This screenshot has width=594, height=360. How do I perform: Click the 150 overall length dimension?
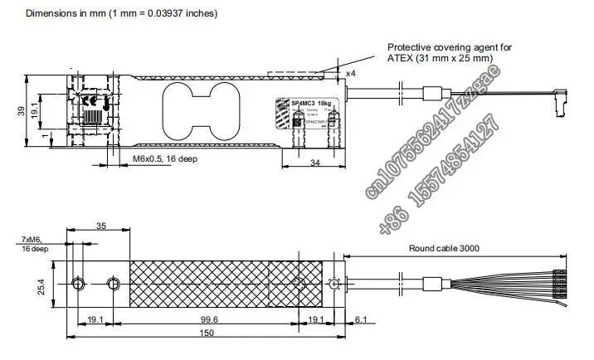(207, 333)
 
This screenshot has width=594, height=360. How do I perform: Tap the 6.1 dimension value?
(360, 319)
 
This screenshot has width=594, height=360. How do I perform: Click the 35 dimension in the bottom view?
(100, 226)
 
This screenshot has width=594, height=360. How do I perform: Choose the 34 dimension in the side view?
(314, 163)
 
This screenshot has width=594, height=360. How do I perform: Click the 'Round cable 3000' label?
(444, 248)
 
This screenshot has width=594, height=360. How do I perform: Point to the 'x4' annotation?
(351, 73)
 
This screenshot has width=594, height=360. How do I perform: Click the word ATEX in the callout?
(401, 59)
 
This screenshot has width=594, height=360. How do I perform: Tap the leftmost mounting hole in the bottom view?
(77, 285)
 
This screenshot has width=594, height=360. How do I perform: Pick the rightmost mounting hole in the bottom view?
(334, 285)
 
